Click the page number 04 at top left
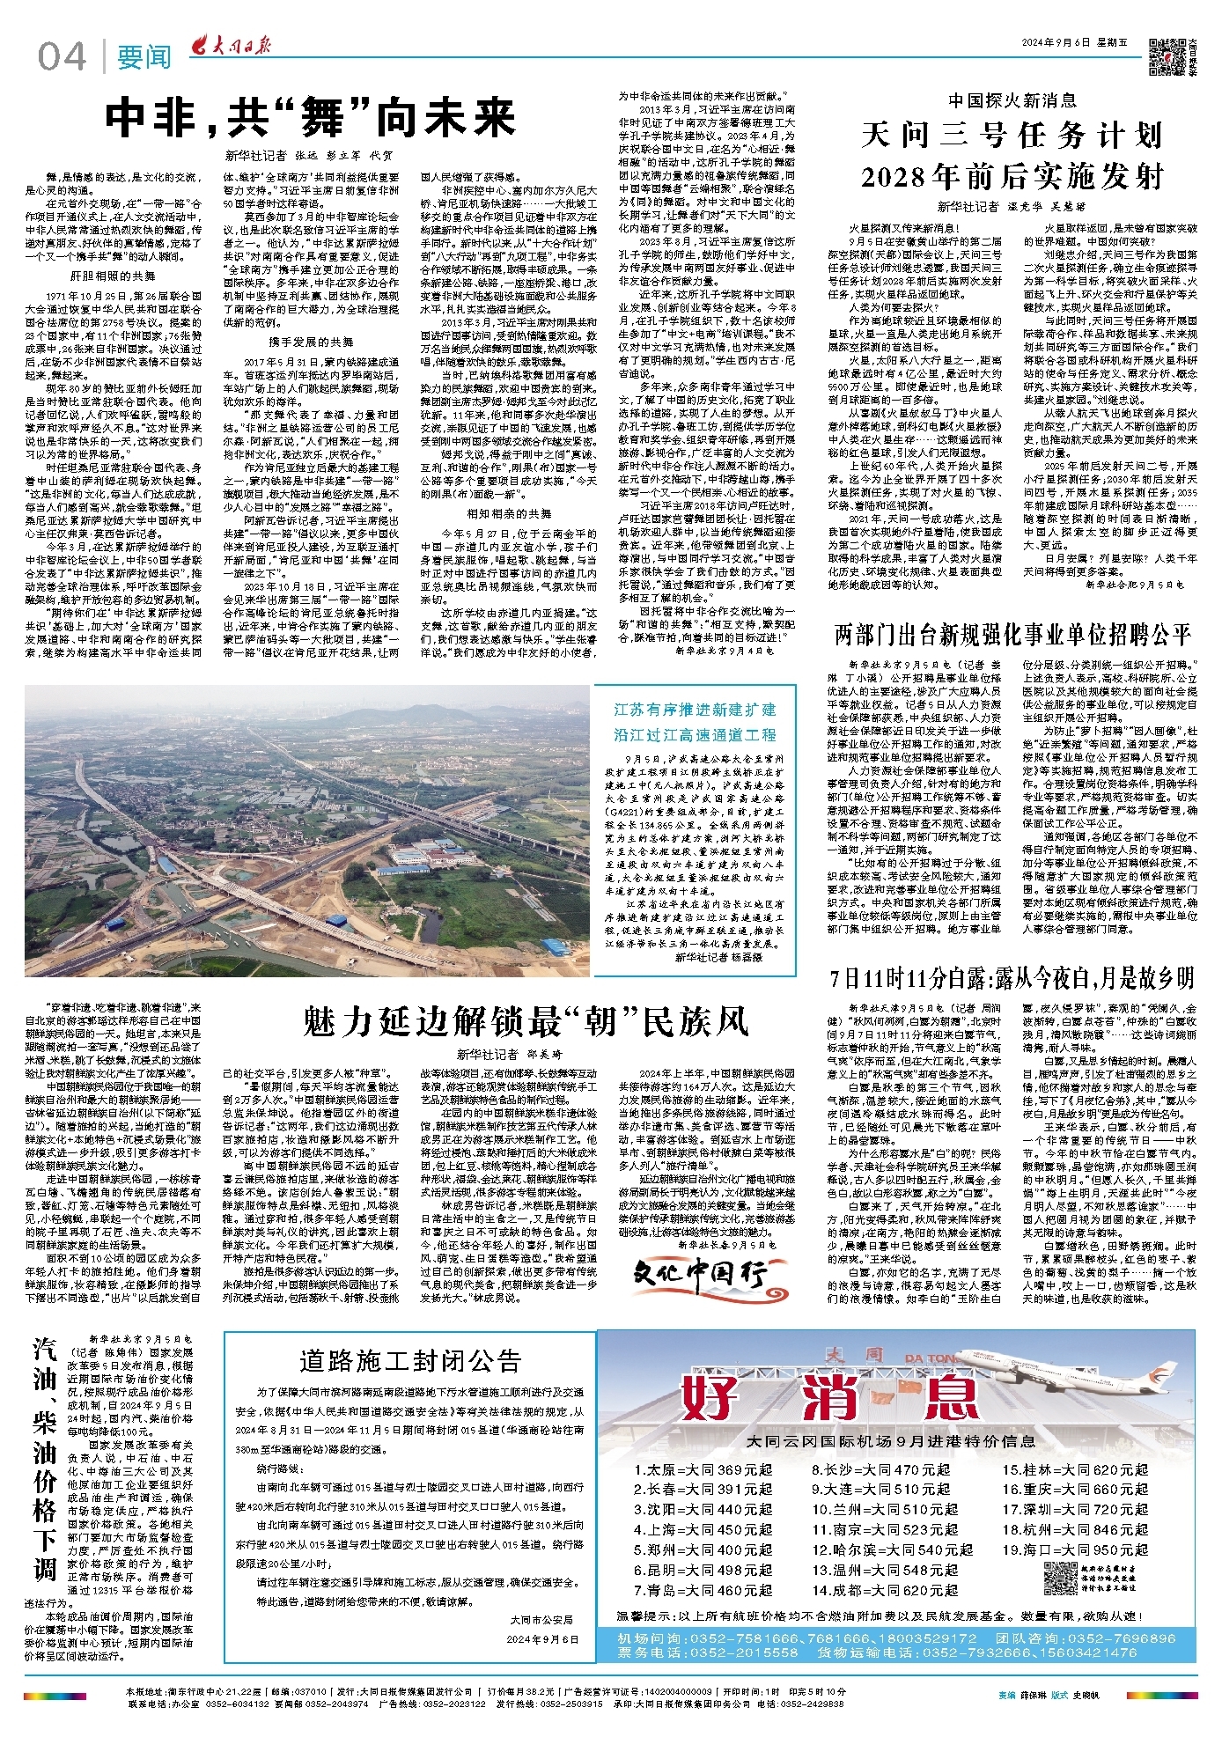[62, 57]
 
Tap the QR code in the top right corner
[1168, 55]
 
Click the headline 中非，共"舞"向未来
[310, 117]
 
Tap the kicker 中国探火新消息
[1012, 100]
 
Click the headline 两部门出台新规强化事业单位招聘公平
[1012, 634]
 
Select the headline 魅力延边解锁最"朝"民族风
[526, 1020]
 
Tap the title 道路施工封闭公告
[409, 1361]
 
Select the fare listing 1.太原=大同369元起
[702, 1469]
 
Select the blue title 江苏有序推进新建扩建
[695, 710]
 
